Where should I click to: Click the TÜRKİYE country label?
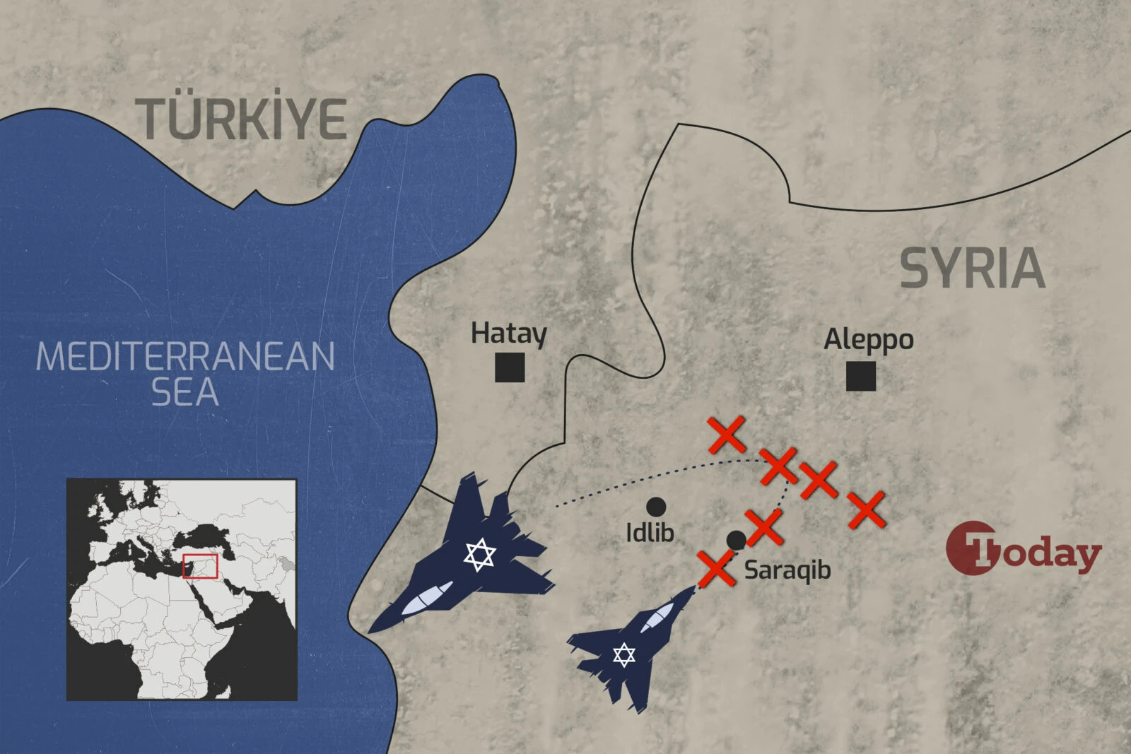click(x=242, y=118)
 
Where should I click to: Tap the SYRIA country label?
click(x=972, y=268)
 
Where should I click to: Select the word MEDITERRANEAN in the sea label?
click(x=185, y=356)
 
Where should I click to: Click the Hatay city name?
click(x=509, y=333)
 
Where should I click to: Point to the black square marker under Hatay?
click(x=510, y=367)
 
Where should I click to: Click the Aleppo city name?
click(x=869, y=340)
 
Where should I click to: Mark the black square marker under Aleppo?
click(x=861, y=376)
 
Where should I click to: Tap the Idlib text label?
click(x=650, y=532)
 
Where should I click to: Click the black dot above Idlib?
click(x=656, y=506)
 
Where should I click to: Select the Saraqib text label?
click(x=787, y=570)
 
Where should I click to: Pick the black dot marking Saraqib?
click(x=736, y=541)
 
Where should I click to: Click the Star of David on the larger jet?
click(x=480, y=555)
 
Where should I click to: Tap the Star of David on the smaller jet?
click(x=623, y=655)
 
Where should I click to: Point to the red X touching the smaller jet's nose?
click(x=717, y=569)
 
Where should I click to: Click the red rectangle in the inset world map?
click(x=201, y=566)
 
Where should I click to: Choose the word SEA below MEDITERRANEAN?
click(x=185, y=393)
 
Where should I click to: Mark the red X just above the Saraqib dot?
click(x=764, y=526)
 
